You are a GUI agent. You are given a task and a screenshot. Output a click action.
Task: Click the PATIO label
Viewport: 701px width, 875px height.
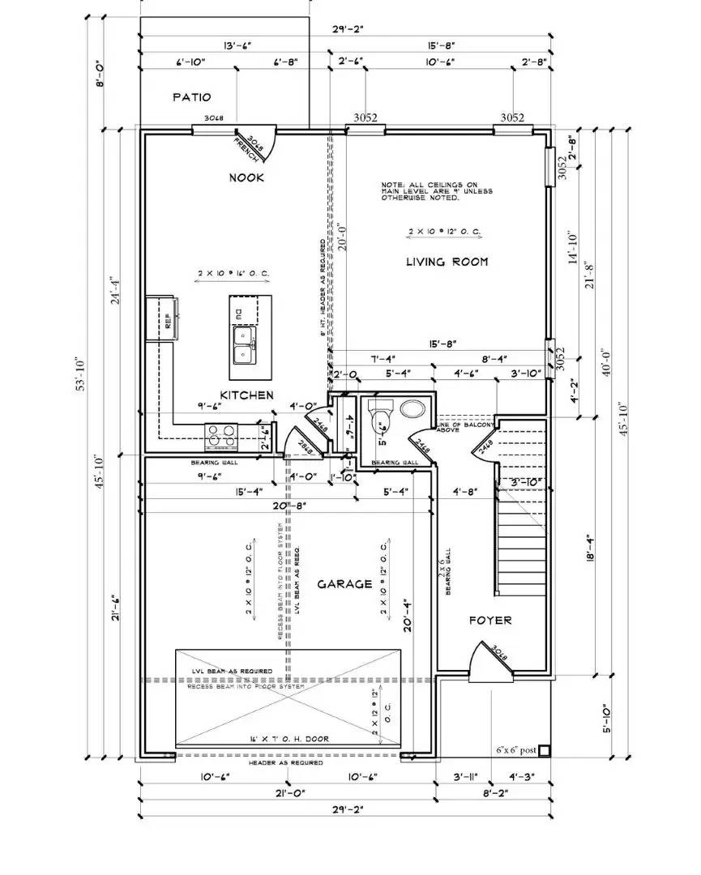pos(192,97)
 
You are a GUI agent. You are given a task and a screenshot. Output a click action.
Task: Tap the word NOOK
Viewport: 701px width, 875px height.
pos(247,177)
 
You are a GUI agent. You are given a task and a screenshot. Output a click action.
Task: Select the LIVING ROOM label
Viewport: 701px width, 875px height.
pos(447,261)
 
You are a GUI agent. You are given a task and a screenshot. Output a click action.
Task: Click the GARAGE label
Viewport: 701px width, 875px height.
pos(344,583)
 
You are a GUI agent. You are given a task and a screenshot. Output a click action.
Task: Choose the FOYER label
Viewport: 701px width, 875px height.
pos(490,620)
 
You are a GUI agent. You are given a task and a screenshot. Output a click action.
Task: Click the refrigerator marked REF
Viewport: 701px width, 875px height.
pos(158,318)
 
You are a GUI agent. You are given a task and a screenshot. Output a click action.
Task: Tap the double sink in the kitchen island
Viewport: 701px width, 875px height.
pos(243,347)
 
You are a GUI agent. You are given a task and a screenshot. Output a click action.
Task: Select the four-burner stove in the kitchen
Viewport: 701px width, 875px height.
pos(222,436)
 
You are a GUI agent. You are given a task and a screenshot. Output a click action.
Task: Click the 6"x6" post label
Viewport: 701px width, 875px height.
pos(516,750)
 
